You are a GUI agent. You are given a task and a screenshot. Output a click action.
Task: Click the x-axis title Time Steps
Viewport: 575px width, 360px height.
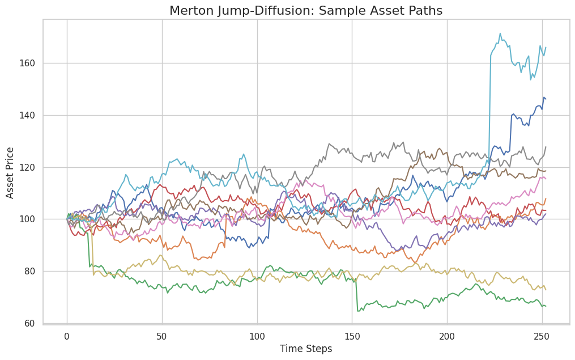(306, 349)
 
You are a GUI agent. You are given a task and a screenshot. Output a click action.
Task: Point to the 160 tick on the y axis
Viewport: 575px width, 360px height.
(30, 63)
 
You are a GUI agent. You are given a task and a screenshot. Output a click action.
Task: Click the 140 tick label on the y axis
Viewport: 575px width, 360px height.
(30, 115)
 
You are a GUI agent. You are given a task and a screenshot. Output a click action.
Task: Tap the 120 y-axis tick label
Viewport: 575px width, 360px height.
(30, 167)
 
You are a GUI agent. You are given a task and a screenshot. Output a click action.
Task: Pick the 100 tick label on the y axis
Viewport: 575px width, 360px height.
(30, 219)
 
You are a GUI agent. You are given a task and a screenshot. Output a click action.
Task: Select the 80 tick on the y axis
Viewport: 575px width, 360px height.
(32, 272)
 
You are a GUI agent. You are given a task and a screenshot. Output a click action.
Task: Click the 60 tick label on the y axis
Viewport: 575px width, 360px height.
(32, 324)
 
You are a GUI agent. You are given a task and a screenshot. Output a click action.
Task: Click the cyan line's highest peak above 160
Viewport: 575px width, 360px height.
(500, 33)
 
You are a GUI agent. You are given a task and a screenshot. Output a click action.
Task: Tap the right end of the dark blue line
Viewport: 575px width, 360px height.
(545, 99)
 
